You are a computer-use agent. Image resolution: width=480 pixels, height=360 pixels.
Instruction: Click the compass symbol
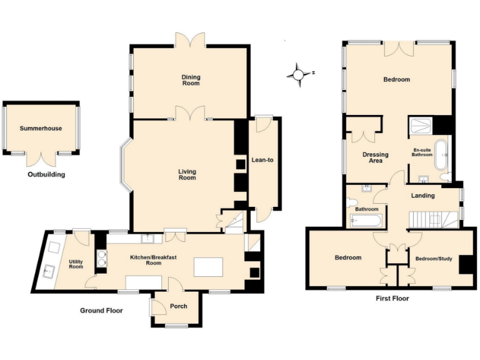tap(299, 74)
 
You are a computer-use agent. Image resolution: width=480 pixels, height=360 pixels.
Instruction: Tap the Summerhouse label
tap(41, 129)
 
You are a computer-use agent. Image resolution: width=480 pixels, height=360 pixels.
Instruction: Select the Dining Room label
tap(191, 80)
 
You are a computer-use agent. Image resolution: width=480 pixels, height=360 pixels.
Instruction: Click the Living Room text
tap(187, 174)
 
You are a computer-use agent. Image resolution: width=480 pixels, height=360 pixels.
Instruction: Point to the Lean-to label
tap(262, 160)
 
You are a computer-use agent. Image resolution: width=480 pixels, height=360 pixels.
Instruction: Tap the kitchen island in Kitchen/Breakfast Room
tap(208, 267)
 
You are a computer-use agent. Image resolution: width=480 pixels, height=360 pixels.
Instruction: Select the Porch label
tap(178, 306)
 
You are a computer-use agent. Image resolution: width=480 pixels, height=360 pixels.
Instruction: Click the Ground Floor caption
tap(101, 311)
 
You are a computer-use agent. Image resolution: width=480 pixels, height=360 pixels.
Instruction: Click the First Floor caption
tap(392, 299)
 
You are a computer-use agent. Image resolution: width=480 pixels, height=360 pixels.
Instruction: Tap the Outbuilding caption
tap(46, 175)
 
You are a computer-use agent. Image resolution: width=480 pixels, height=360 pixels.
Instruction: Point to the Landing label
tap(423, 196)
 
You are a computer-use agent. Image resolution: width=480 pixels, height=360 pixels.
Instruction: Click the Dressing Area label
tap(376, 157)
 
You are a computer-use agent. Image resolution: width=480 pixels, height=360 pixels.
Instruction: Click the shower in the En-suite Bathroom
tap(421, 127)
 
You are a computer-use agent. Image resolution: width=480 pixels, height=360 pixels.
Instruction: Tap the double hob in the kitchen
tap(102, 258)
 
